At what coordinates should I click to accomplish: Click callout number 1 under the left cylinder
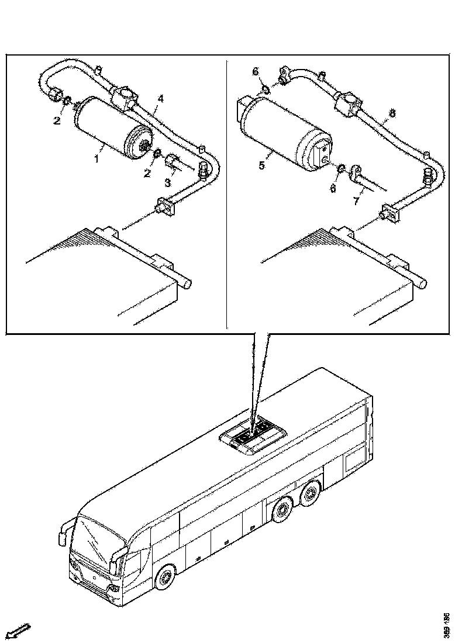click(x=98, y=158)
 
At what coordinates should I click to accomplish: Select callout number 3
click(x=168, y=183)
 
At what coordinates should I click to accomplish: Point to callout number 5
click(x=262, y=165)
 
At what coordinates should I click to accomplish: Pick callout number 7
click(x=356, y=202)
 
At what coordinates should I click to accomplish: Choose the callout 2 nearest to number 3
click(x=148, y=174)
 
